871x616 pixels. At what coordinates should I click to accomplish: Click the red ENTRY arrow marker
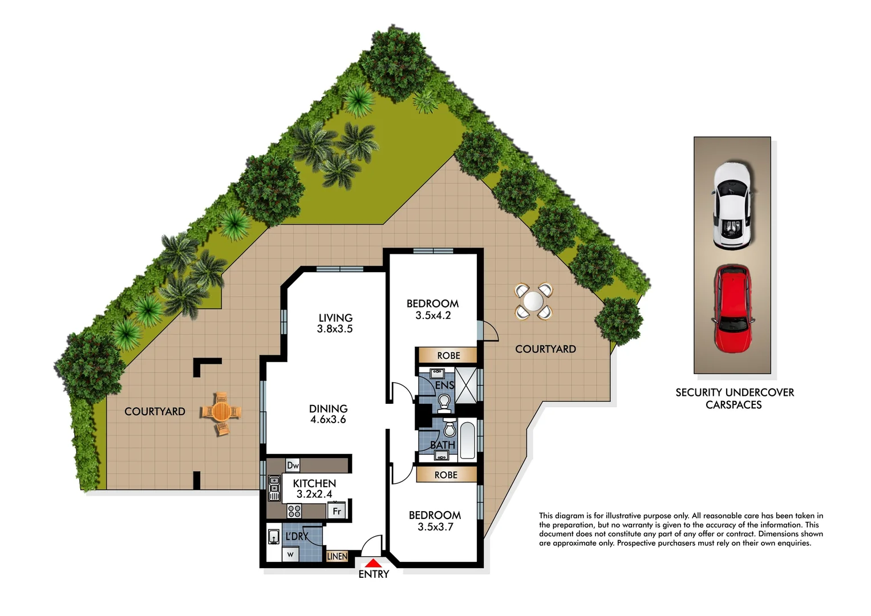coord(372,564)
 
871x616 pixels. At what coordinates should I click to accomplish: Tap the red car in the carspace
coord(732,310)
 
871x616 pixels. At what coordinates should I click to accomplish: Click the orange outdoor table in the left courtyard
coord(221,412)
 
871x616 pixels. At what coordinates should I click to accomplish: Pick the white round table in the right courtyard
coord(533,301)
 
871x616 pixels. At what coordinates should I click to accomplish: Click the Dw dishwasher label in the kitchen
coord(293,465)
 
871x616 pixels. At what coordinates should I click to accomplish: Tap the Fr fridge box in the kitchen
coord(337,511)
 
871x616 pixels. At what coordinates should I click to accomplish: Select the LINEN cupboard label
coord(337,556)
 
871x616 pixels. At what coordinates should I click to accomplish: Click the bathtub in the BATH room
coord(467,440)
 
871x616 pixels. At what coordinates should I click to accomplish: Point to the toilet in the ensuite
coord(444,403)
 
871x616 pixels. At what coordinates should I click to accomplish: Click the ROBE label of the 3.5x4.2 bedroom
coord(448,355)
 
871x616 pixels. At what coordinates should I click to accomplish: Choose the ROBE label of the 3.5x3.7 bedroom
coord(445,475)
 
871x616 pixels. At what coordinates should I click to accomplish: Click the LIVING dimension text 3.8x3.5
coord(335,329)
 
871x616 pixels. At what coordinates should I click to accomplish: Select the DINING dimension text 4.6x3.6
coord(328,420)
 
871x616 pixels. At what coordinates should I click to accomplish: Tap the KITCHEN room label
coord(314,483)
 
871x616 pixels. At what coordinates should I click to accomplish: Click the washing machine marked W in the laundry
coord(290,554)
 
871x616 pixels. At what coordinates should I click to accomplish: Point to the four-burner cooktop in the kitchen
coord(294,510)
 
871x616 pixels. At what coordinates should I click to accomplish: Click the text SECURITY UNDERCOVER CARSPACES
coord(734,399)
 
